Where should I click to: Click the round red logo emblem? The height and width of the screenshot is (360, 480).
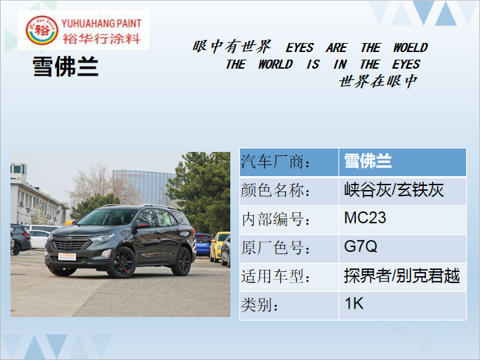pos(42,30)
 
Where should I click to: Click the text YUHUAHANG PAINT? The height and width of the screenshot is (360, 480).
pos(101,24)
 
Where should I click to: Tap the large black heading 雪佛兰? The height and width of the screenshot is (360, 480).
pos(65,67)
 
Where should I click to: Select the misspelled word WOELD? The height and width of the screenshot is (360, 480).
pos(410,47)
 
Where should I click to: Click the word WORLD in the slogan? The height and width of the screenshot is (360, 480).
pos(275,65)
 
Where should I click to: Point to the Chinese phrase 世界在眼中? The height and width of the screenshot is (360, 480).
pos(378,81)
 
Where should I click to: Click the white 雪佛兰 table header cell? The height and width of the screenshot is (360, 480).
pos(402,162)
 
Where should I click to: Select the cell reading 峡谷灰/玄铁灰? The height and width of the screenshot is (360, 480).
pos(402,191)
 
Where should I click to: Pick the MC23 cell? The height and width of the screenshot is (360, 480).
pos(402,220)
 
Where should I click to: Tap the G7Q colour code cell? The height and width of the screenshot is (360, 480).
pos(402,248)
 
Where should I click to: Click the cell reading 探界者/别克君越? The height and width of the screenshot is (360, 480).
pos(402,277)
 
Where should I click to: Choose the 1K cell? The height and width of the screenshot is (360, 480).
pos(402,305)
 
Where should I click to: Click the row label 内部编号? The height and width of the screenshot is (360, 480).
pos(275,220)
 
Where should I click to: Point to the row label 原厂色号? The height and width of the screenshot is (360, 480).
pos(275,248)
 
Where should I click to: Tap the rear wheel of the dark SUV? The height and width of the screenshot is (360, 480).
pos(182,262)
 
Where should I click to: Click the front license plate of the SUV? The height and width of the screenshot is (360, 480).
pos(67,257)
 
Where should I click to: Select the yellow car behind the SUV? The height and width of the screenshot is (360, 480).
pos(219,246)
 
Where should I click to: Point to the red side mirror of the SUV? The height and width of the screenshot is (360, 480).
pos(143,224)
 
